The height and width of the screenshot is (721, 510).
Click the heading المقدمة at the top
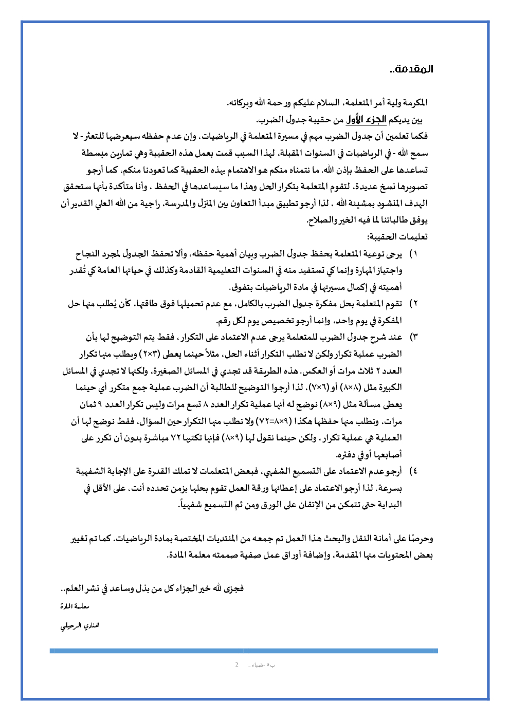[411, 69]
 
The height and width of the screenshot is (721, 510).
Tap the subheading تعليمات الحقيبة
[397, 237]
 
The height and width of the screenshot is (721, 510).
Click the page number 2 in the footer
[236, 665]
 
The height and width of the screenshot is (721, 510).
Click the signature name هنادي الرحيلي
[80, 625]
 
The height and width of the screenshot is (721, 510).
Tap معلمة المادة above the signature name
[75, 607]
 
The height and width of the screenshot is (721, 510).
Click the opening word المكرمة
[413, 103]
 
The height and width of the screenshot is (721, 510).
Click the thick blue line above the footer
[244, 651]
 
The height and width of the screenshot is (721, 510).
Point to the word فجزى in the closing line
[233, 588]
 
